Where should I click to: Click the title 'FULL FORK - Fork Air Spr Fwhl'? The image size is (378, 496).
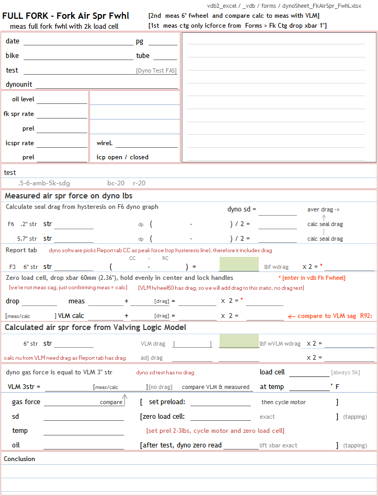tap(66, 16)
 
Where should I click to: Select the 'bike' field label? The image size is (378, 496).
tap(13, 56)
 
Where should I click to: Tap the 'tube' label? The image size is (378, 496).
tap(143, 56)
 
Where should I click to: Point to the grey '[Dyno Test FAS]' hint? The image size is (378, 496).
tap(156, 70)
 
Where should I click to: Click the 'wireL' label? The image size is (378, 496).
tap(105, 143)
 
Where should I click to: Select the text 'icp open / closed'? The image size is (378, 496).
tap(122, 157)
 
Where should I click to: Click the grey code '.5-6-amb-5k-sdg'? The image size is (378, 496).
tap(44, 183)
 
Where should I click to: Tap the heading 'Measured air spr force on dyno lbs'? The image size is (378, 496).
tap(68, 196)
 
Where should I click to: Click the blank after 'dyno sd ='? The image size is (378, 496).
tap(277, 210)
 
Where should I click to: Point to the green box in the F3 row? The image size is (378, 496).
tap(238, 264)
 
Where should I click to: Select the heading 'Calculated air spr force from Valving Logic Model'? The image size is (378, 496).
tap(95, 327)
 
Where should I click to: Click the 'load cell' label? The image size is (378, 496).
tap(272, 372)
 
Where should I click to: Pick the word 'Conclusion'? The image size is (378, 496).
tap(19, 459)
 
